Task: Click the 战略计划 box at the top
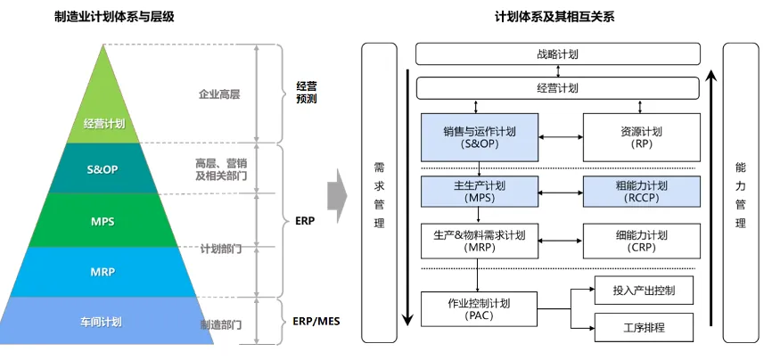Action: tap(557, 54)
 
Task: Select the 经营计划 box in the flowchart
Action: tap(557, 88)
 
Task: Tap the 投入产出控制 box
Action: tap(645, 290)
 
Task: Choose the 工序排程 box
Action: tap(645, 328)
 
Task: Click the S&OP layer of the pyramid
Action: tap(103, 168)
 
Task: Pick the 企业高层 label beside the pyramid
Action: tap(219, 93)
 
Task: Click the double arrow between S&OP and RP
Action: tap(562, 137)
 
